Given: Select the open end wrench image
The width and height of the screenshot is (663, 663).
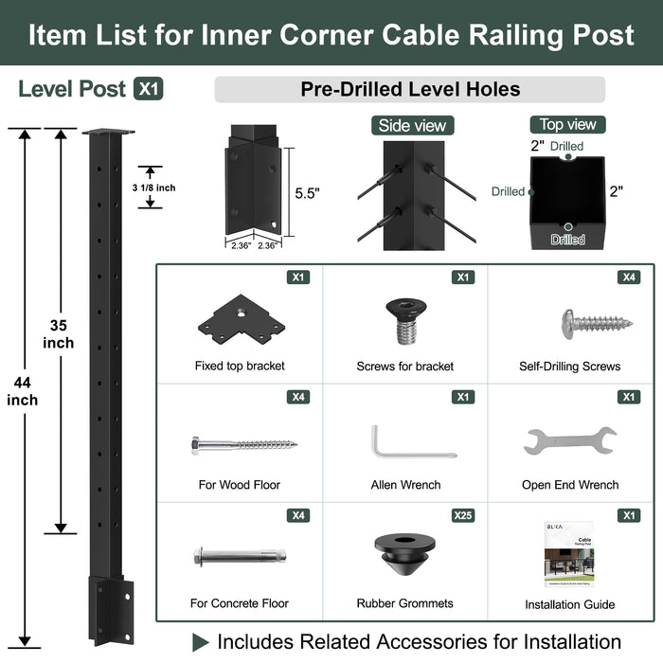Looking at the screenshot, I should click(569, 440).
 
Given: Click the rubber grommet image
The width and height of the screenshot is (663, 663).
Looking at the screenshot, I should click(405, 556).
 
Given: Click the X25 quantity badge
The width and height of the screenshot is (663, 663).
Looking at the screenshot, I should click(462, 515).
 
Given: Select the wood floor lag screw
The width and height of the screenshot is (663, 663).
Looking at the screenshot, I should click(242, 442).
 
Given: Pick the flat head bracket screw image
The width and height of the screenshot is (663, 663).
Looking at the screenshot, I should click(405, 318).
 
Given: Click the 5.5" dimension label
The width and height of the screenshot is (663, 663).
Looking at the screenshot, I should click(307, 192).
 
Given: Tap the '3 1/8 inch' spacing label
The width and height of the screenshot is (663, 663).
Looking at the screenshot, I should click(153, 188).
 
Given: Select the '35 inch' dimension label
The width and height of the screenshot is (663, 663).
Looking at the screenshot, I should click(58, 333).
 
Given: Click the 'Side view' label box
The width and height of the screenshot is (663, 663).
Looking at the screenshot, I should click(412, 126).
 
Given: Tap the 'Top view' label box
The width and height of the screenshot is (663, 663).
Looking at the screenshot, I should click(567, 124).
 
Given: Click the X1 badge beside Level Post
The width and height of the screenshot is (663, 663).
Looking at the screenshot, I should click(149, 89).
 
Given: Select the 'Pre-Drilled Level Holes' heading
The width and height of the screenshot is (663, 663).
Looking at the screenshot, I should click(410, 90).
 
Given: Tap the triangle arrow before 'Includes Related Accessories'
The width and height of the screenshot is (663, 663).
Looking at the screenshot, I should click(200, 641).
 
